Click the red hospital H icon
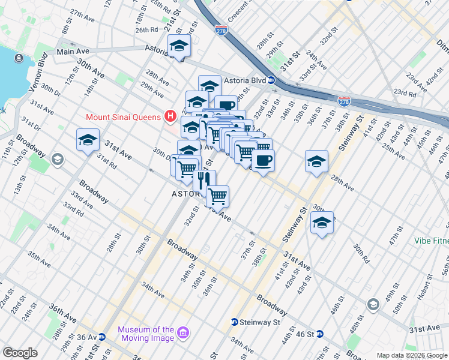click(x=170, y=115)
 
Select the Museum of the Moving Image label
click(x=146, y=334)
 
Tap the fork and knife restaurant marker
click(x=204, y=179)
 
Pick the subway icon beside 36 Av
click(x=102, y=337)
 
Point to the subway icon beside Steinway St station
click(x=234, y=322)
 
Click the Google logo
click(x=20, y=352)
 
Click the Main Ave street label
click(x=73, y=52)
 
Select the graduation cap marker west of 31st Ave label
click(x=88, y=140)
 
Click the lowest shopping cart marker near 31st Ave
click(x=217, y=195)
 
